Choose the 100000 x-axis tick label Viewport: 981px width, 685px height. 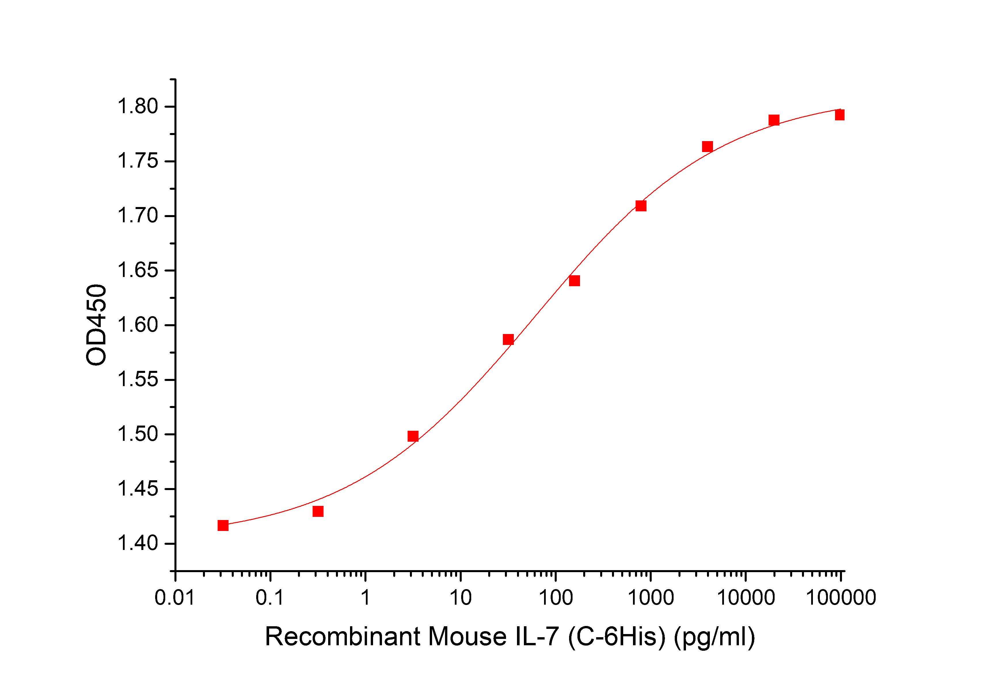tap(841, 598)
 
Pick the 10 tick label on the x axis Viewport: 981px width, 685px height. tap(460, 598)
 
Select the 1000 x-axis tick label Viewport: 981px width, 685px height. tap(650, 598)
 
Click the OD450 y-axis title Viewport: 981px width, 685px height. tap(96, 325)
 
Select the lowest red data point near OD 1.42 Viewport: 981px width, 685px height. tap(223, 525)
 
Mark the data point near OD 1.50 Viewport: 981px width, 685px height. tap(413, 436)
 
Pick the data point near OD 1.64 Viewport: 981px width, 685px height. tap(574, 281)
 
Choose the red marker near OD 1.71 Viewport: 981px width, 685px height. tap(640, 206)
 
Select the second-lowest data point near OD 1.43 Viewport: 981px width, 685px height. tap(318, 511)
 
